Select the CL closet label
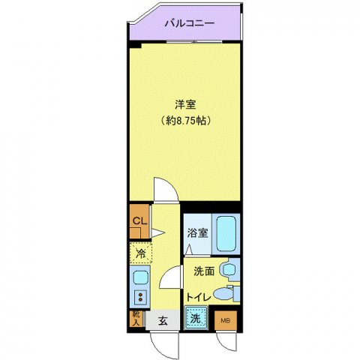click(138, 220)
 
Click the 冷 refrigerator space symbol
click(139, 253)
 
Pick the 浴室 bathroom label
click(197, 232)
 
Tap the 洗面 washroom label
click(203, 271)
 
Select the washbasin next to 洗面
click(229, 270)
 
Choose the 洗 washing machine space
click(195, 318)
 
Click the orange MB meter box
click(224, 320)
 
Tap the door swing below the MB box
click(225, 341)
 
